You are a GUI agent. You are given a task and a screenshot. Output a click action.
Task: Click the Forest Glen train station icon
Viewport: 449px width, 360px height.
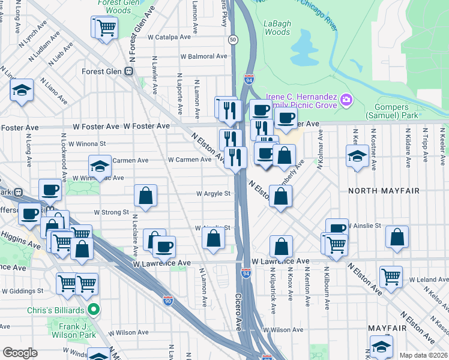pyautogui.click(x=128, y=71)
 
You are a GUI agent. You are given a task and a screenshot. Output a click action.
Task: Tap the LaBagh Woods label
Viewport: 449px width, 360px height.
pyautogui.click(x=277, y=28)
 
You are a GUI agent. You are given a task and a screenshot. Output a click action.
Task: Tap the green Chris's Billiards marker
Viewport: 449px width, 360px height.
pyautogui.click(x=93, y=310)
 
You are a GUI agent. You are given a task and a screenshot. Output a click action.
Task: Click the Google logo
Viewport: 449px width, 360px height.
pyautogui.click(x=20, y=353)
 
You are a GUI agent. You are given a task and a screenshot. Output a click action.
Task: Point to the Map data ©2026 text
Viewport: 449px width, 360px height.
pyautogui.click(x=423, y=355)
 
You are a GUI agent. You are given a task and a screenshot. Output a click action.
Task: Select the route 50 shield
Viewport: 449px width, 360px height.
pyautogui.click(x=232, y=39)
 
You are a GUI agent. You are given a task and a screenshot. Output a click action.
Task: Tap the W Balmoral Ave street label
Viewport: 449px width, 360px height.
pyautogui.click(x=204, y=56)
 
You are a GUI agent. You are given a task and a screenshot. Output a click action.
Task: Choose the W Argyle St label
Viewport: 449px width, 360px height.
pyautogui.click(x=214, y=194)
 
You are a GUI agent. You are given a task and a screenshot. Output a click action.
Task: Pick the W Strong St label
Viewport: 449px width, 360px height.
pyautogui.click(x=112, y=212)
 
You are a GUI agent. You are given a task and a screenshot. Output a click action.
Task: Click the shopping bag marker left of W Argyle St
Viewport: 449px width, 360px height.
pyautogui.click(x=146, y=195)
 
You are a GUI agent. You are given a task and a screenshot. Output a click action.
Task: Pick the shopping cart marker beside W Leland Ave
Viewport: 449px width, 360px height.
pyautogui.click(x=391, y=277)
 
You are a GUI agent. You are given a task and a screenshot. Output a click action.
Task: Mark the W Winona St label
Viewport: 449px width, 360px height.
pyautogui.click(x=87, y=144)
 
